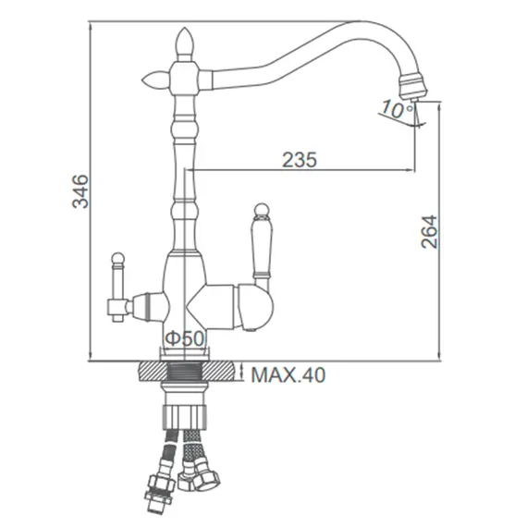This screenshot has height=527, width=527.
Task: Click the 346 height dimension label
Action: point(80,191)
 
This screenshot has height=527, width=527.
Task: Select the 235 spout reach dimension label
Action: point(300,160)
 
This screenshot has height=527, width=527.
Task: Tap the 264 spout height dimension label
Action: point(429,231)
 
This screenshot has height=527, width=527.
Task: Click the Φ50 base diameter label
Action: point(185,338)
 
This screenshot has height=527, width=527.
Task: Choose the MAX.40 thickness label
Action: point(288,374)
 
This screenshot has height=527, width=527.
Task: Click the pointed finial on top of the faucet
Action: point(185,43)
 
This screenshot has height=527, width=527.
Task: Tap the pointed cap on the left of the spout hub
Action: point(155,80)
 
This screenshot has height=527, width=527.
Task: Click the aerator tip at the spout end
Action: point(413,87)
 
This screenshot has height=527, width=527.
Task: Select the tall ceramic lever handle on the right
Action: point(262,247)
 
